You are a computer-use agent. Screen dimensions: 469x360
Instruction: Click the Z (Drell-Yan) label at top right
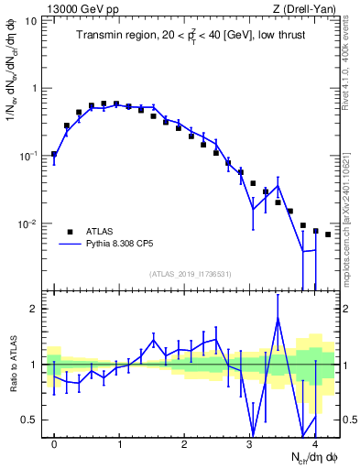point(309,8)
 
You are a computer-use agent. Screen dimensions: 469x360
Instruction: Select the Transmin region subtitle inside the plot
point(191,36)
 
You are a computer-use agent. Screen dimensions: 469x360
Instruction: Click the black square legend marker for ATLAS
point(71,232)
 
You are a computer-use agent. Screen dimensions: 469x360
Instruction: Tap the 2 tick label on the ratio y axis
point(36,309)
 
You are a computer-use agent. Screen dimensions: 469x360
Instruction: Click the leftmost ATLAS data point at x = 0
point(54,154)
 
